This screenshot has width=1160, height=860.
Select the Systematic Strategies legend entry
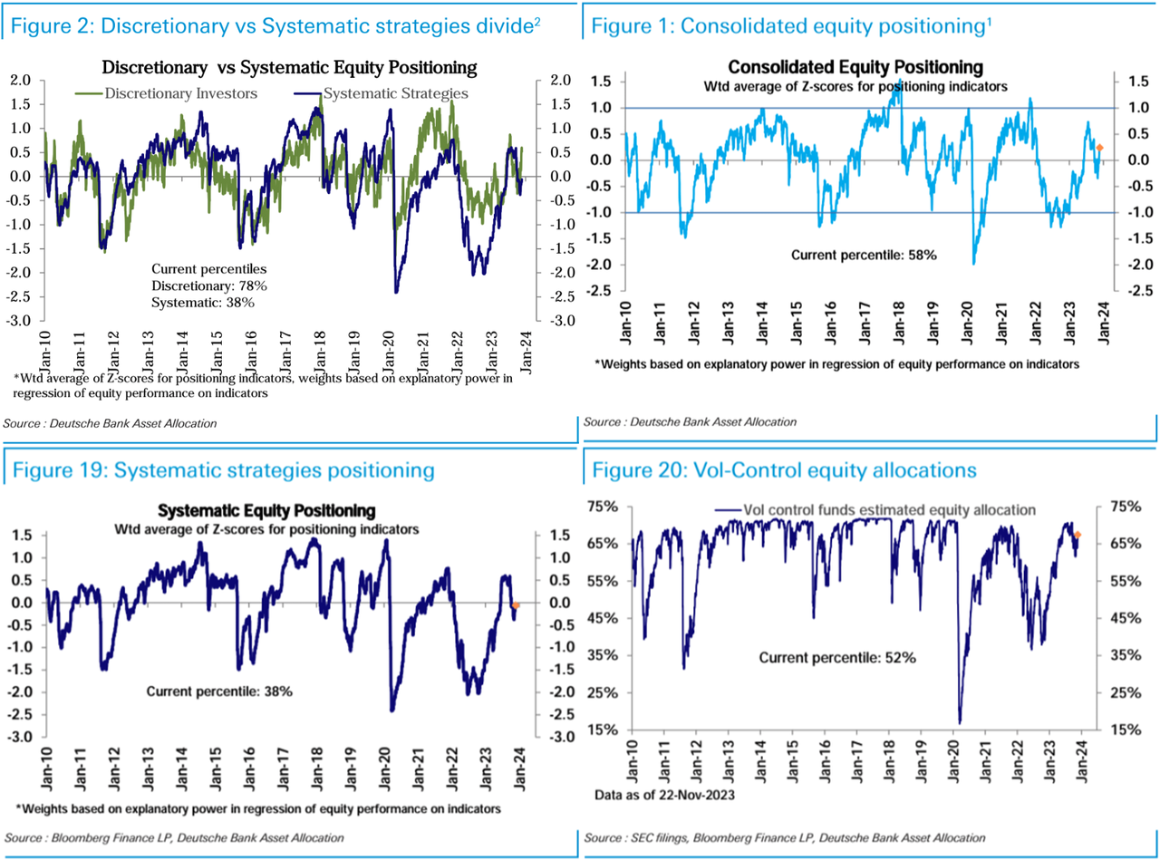coord(395,92)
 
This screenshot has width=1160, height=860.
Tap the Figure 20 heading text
coord(784,469)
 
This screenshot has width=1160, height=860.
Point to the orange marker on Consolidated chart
coord(1099,148)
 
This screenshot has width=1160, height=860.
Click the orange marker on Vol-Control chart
coord(1078,535)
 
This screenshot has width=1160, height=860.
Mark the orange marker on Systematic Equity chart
coord(516,605)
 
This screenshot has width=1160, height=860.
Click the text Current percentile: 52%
coord(838,657)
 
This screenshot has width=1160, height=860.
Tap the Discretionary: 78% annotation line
coord(209,286)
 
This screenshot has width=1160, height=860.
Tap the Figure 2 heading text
coord(275,26)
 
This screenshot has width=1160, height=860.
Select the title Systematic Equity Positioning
coord(266,510)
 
